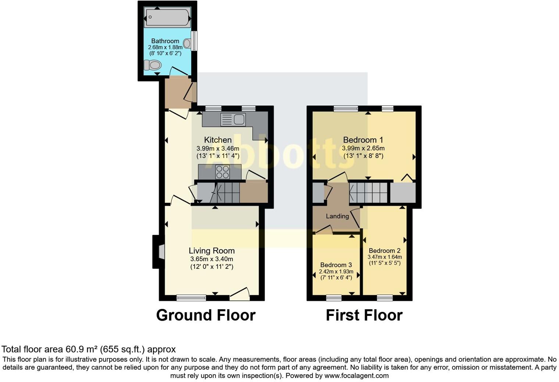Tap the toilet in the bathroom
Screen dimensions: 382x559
point(153,65)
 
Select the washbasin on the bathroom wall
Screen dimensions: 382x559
point(187,44)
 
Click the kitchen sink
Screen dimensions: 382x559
point(233,119)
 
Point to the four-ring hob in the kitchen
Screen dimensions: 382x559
point(222,172)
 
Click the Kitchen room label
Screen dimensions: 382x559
point(218,140)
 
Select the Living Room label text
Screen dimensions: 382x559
point(211,251)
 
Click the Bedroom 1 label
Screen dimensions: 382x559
point(363,140)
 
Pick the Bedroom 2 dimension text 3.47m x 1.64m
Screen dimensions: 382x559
point(385,257)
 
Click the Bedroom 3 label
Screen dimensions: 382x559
point(336,265)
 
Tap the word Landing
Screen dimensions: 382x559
point(337,216)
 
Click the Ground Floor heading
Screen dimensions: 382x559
point(206,315)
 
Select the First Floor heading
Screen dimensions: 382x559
point(364,315)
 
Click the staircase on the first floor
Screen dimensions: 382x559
point(368,192)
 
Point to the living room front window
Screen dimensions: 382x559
point(191,298)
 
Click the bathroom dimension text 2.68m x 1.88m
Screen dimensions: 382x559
point(165,47)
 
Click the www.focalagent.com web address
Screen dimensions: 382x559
point(356,376)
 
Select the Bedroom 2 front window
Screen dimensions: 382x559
point(385,298)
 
